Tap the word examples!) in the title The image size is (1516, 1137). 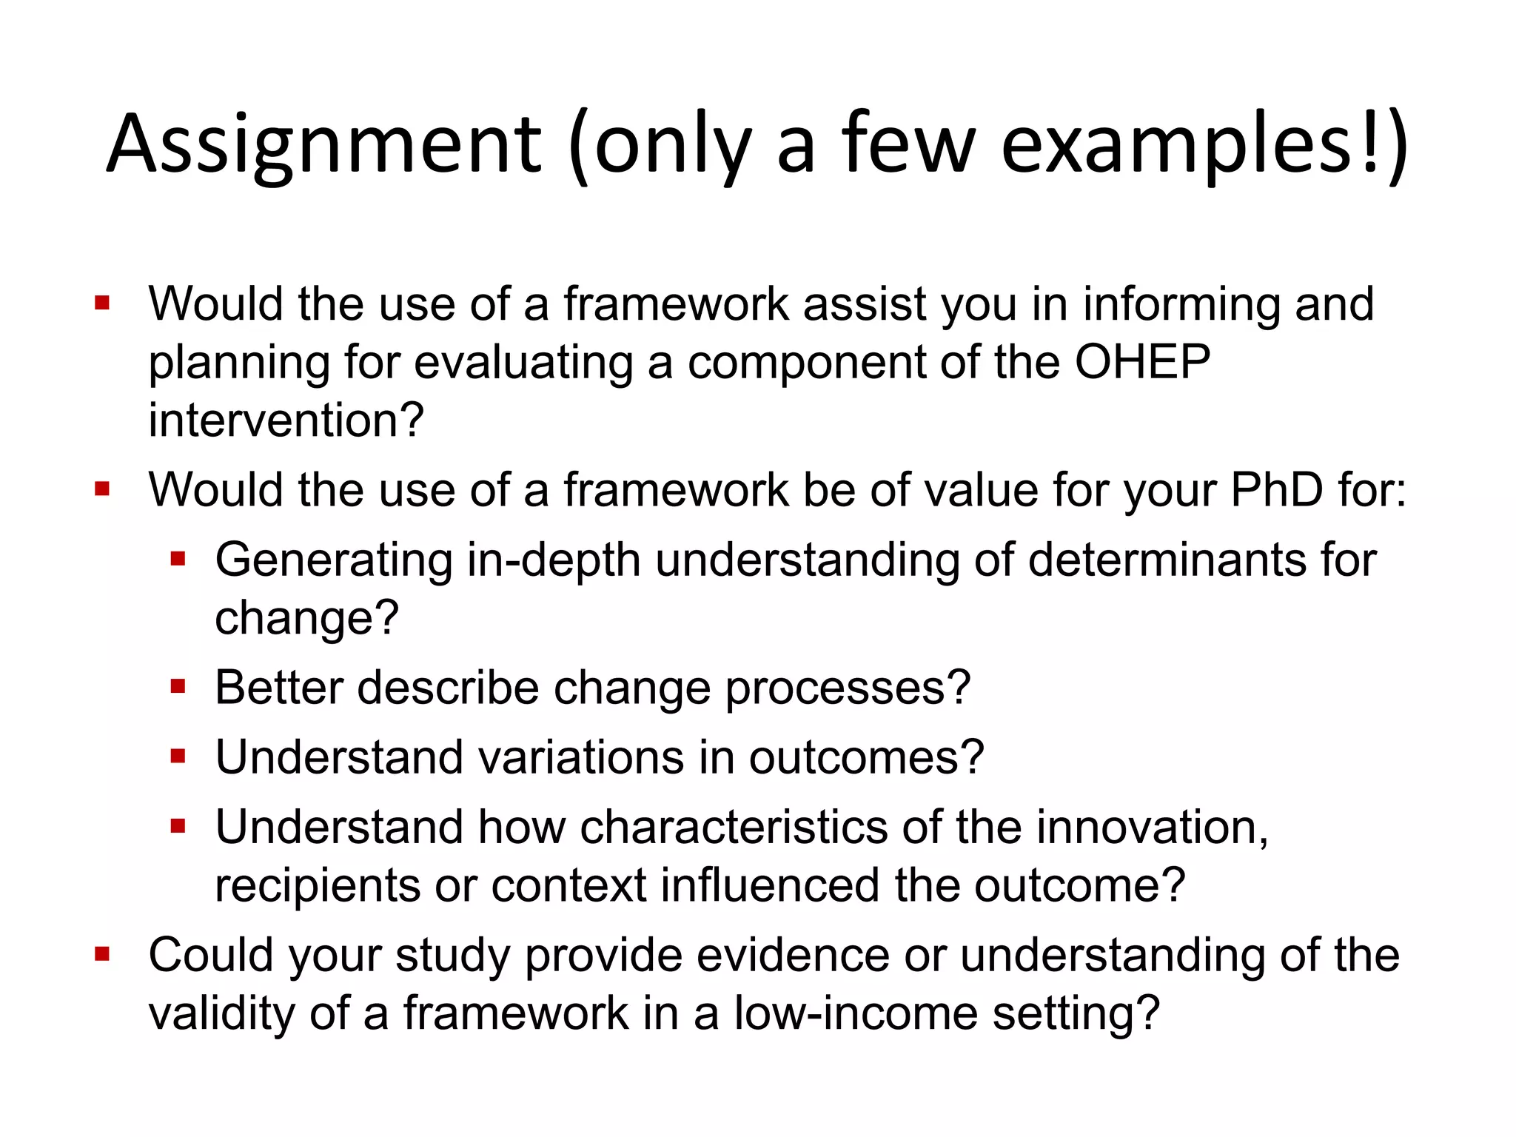[1204, 144]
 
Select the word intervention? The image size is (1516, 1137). [286, 420]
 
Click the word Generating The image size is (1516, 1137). [334, 560]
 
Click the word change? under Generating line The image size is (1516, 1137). [306, 617]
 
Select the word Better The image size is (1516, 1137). [279, 688]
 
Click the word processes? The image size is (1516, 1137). [848, 688]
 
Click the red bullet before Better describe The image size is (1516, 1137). [178, 687]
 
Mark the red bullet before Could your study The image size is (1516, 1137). [102, 954]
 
